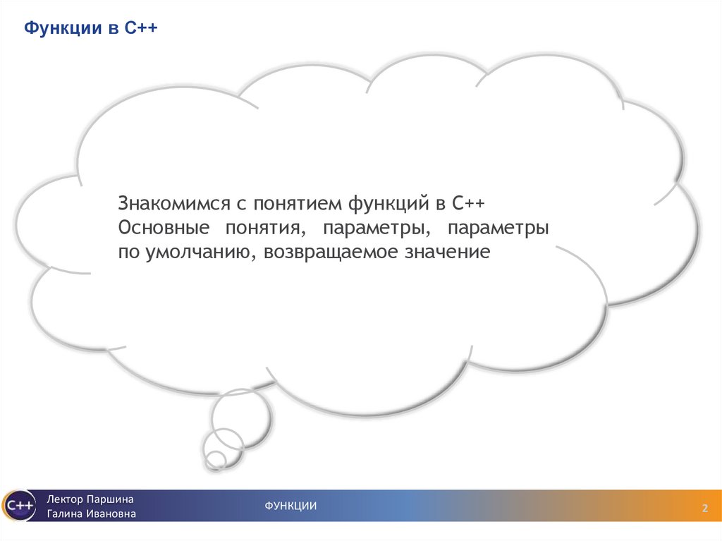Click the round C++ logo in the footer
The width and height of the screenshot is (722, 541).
[x=18, y=505]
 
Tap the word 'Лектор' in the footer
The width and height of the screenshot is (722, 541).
[x=65, y=499]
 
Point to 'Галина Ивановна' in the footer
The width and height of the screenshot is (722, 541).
[x=91, y=513]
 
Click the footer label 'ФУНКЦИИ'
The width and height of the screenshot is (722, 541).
[x=290, y=505]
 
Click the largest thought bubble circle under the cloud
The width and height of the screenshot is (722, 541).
[x=240, y=417]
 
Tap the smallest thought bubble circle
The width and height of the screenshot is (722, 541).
[x=216, y=460]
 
